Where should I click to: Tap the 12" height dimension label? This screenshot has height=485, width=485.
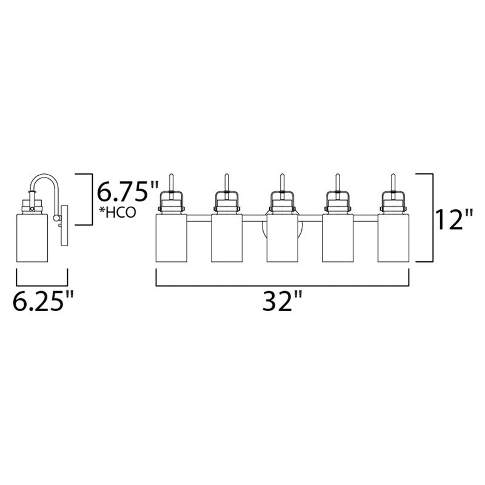[x=453, y=219]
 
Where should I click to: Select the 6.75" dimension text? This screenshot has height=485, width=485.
[x=127, y=192]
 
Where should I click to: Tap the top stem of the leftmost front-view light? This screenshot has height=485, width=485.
[x=171, y=181]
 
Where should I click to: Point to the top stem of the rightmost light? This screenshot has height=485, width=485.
[x=392, y=181]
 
